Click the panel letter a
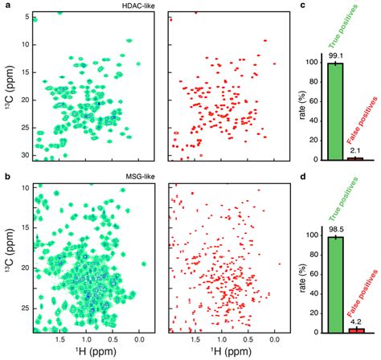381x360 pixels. [x=6, y=6]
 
